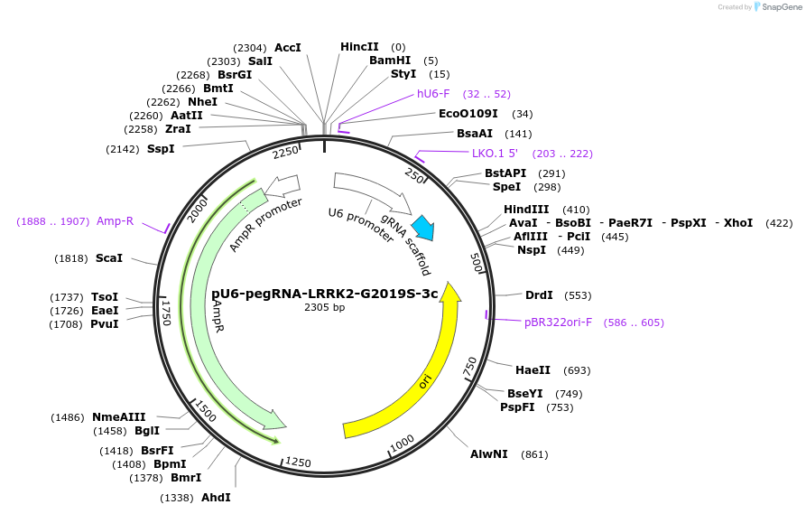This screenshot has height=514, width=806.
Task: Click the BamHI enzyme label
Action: tap(390, 61)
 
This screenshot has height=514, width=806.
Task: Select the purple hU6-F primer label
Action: tap(433, 94)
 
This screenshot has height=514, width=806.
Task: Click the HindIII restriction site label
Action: tap(526, 210)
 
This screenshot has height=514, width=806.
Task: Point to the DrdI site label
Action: tap(540, 295)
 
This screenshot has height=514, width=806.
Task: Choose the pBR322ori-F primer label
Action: tap(558, 322)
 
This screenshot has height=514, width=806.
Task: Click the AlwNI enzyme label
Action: tap(489, 454)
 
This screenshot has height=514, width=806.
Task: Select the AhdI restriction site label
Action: tap(216, 498)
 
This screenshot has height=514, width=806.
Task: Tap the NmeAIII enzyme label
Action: tap(119, 417)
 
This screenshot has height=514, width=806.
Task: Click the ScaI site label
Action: tap(109, 258)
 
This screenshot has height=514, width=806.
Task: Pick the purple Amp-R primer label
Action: tap(116, 221)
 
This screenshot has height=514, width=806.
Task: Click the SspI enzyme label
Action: tap(161, 149)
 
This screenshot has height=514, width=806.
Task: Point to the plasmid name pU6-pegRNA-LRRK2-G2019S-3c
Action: tap(324, 294)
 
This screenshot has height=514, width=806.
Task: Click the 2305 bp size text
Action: tap(324, 307)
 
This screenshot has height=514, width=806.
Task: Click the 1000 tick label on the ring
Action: tap(402, 441)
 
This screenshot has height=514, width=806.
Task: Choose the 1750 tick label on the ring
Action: tap(166, 312)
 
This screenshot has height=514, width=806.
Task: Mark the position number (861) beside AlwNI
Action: tap(534, 454)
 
